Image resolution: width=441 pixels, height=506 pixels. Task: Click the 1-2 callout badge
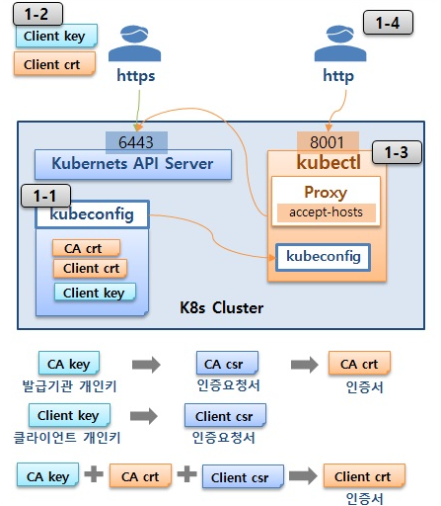coord(37,14)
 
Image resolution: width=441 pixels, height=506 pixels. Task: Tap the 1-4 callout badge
coord(388,23)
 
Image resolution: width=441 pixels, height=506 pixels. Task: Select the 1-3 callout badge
coord(397,152)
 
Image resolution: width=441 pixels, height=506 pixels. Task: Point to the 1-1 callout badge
coord(45,196)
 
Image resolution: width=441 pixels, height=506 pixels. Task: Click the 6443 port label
coord(136,142)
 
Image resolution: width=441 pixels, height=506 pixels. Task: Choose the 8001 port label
coord(328,142)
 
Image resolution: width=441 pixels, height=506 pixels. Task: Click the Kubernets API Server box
coord(133,164)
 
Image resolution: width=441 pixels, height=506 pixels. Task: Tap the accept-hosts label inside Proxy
coord(327,212)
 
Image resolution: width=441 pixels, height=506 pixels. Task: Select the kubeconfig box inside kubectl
coord(323,257)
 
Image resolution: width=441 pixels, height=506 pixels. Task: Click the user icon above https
coord(135,43)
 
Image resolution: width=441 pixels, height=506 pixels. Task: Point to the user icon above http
coord(340,43)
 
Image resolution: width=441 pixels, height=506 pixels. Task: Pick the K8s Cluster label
coord(221,308)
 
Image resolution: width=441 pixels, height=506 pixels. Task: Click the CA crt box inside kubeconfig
coord(86,248)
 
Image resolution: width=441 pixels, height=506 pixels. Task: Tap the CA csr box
coord(227,364)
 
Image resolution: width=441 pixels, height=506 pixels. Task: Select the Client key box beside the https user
coord(56,36)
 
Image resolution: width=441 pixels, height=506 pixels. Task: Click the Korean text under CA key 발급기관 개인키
coord(69,386)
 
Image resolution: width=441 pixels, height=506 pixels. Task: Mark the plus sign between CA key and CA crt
coord(94,474)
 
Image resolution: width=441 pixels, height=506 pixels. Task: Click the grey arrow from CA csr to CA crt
coord(305,365)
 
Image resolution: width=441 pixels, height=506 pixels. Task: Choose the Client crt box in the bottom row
coord(364,476)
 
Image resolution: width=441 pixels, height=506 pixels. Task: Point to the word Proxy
coord(326,193)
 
